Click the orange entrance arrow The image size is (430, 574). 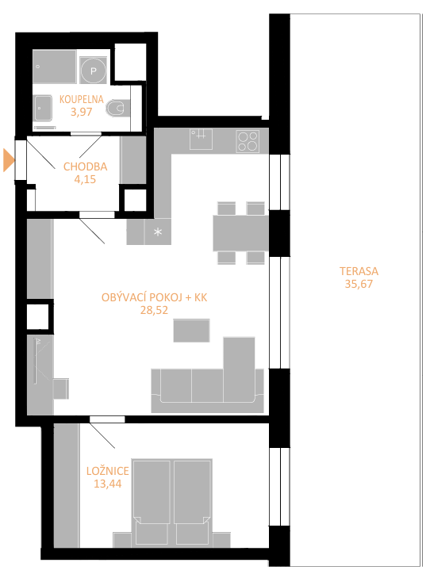coord(9,160)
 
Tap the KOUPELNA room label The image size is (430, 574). coord(81,99)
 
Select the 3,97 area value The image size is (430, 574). coord(81,112)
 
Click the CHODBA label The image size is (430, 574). coord(86,166)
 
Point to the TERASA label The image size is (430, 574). coord(359,271)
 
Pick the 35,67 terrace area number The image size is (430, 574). coord(359,284)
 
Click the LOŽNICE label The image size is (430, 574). coord(108,471)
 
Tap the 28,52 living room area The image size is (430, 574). coord(154,310)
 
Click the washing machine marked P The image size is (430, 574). coord(93,71)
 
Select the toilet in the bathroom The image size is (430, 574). coord(118,109)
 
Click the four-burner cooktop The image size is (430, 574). coord(248,141)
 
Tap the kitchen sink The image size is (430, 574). coord(201,139)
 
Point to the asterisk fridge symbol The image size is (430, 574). coord(158,232)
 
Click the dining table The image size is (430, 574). coord(240,233)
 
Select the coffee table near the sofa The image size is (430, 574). coord(191,331)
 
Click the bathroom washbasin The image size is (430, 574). coord(43,108)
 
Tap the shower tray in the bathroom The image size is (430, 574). coord(55,67)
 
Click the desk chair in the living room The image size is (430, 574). coord(61,388)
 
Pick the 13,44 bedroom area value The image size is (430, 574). coord(108,484)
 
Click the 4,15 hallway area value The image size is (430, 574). coord(86,179)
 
